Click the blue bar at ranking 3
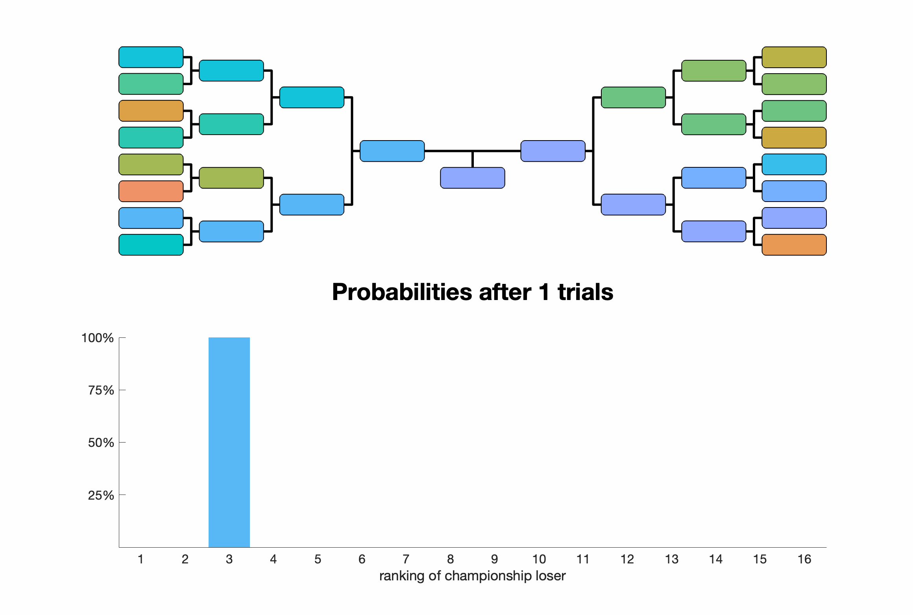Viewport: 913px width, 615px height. pos(229,442)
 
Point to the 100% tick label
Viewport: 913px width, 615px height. pos(97,338)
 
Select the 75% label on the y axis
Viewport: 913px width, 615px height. pos(101,390)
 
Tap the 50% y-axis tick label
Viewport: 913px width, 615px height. pos(101,443)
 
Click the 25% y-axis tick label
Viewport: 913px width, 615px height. pos(101,495)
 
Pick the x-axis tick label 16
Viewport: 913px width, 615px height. pos(804,559)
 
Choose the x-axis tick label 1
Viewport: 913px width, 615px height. pos(140,559)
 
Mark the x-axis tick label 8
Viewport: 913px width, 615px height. pos(450,559)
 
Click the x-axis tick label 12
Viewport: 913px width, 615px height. pos(627,559)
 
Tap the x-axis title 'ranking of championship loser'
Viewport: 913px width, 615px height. pos(472,576)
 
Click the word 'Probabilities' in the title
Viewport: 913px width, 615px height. pos(402,292)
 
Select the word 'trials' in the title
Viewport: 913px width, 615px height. pos(585,292)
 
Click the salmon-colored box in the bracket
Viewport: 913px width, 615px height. pos(151,191)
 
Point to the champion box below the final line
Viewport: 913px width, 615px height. pos(472,178)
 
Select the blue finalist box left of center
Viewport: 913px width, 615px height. pos(392,151)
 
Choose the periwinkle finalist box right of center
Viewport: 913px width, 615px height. pos(553,151)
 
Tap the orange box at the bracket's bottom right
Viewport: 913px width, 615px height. pos(794,245)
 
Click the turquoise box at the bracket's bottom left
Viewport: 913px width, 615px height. pos(151,245)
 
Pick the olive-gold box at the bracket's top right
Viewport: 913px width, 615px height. pos(794,57)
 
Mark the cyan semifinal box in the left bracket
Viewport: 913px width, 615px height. pos(312,97)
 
